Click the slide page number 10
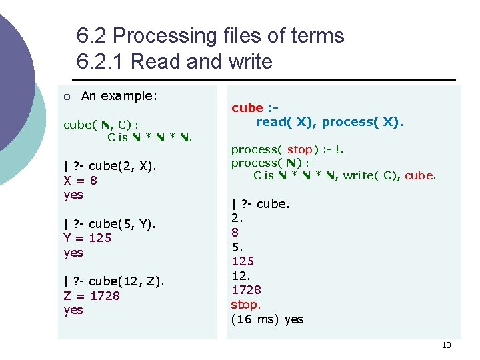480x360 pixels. (446, 345)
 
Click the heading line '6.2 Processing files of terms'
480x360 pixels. (210, 35)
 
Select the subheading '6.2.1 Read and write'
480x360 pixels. (175, 61)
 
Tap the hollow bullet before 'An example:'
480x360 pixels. (67, 97)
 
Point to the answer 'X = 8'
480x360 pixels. (80, 180)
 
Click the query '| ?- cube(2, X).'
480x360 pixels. (109, 166)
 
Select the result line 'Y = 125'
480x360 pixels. (87, 238)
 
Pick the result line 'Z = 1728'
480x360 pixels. (91, 295)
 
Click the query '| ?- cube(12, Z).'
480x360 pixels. (113, 281)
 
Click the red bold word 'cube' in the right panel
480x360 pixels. (247, 108)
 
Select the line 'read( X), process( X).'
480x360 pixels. (330, 122)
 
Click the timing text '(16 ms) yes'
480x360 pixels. (267, 319)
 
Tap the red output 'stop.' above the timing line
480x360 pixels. (245, 305)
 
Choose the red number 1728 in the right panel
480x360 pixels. (246, 290)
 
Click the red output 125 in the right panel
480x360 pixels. (243, 261)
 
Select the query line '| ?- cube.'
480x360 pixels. (260, 204)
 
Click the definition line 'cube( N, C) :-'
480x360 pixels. (104, 125)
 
